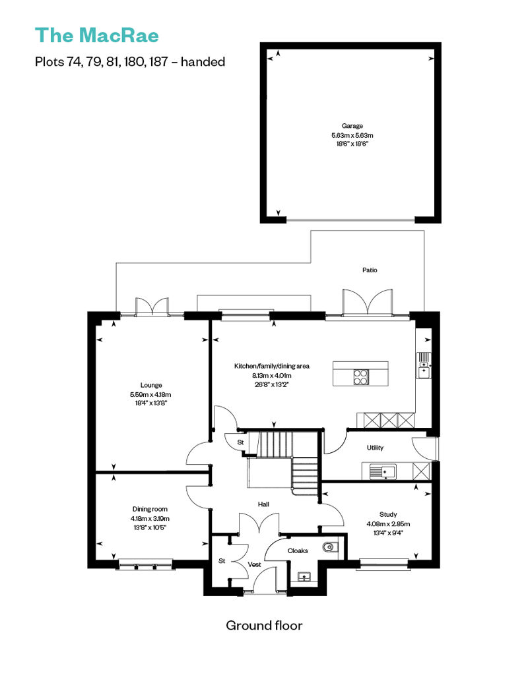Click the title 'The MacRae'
click(97, 36)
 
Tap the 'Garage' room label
click(352, 126)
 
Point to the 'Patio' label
click(370, 270)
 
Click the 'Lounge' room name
click(151, 385)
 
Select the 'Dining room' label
click(150, 509)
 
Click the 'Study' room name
click(388, 514)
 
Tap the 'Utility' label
click(375, 448)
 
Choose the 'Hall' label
click(263, 504)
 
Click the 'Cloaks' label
click(298, 551)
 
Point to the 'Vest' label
click(254, 564)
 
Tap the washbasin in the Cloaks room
click(304, 577)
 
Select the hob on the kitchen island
click(361, 377)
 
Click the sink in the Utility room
click(382, 472)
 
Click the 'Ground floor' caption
click(264, 626)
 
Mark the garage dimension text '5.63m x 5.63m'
click(352, 135)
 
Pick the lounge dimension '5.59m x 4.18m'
click(150, 395)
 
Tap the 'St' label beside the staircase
click(240, 442)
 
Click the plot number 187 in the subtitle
click(158, 61)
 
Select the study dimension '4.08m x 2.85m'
click(388, 524)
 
